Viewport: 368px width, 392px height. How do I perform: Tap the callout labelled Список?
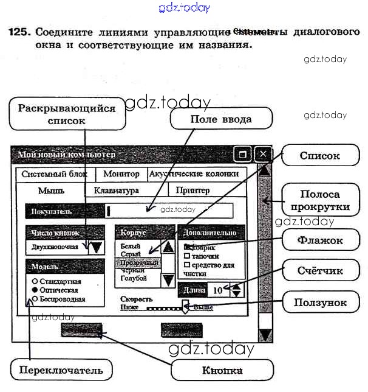319,156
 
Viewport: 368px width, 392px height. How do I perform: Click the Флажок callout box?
320,240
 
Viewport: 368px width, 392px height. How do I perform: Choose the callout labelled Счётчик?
320,270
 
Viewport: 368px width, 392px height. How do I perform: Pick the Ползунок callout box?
320,302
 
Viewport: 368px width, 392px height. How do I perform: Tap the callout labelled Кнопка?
222,370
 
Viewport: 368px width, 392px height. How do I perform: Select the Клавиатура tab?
117,191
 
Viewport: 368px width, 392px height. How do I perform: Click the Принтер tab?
193,191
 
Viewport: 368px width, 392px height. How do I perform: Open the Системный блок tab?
54,174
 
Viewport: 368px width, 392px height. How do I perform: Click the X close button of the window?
263,155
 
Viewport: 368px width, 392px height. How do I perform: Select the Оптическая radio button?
35,291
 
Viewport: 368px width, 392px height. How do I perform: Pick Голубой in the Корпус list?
134,279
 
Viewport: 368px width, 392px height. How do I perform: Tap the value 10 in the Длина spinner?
217,290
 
